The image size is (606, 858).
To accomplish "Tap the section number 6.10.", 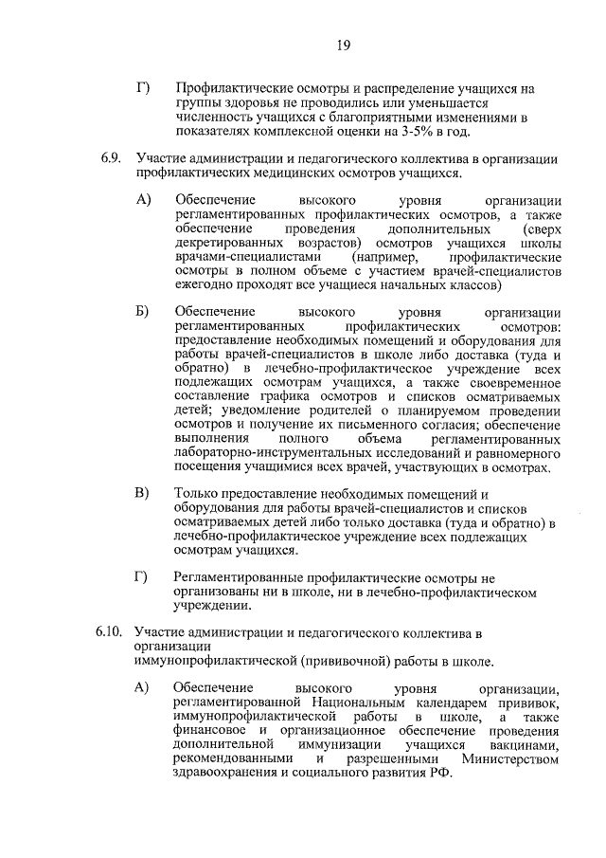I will point(110,632).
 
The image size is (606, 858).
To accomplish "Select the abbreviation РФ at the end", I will point(442,774).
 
